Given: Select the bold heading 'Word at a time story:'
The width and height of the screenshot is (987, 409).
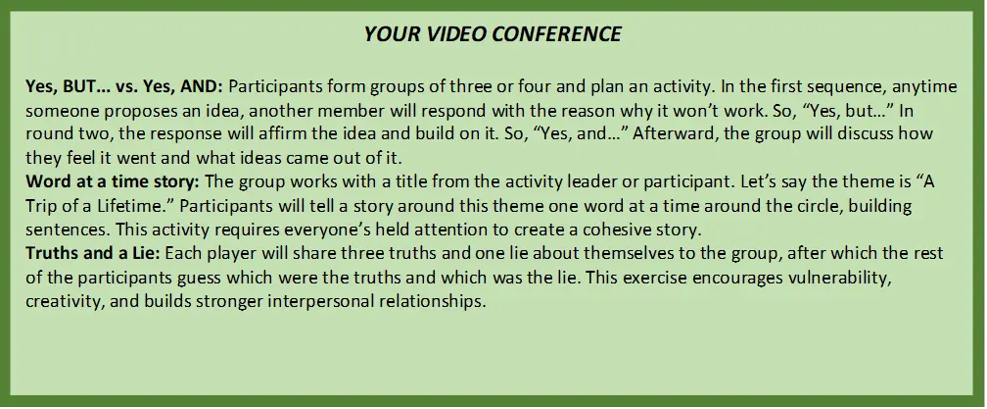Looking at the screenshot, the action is pyautogui.click(x=113, y=181).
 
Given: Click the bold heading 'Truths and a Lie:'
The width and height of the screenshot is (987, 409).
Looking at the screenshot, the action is pyautogui.click(x=93, y=253).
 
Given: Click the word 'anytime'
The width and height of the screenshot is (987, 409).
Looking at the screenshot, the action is pyautogui.click(x=925, y=86).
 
